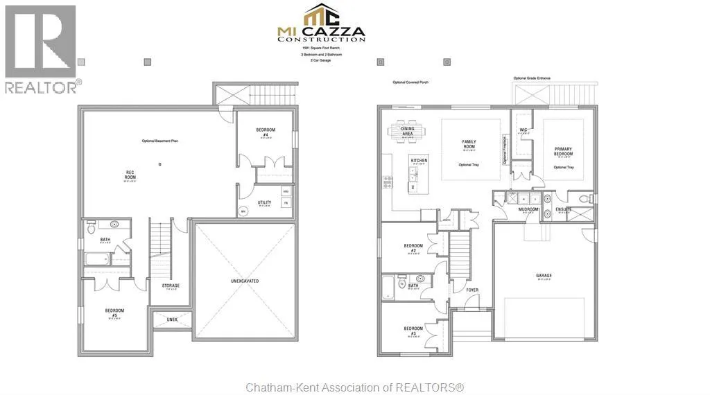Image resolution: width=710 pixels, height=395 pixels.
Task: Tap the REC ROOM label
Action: [x=130, y=174]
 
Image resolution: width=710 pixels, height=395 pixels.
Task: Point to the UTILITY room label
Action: [x=264, y=203]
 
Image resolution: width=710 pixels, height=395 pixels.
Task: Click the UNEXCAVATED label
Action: [x=244, y=281]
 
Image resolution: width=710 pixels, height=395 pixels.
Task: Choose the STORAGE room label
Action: [x=171, y=286]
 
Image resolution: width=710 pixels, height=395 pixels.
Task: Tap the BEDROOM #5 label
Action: [x=114, y=313]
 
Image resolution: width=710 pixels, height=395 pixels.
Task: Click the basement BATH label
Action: [x=105, y=240]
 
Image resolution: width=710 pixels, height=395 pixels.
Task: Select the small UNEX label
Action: [x=172, y=319]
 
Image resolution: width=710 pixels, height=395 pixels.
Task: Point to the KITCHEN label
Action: [x=419, y=161]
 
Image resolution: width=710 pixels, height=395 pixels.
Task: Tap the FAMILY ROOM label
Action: [x=469, y=144]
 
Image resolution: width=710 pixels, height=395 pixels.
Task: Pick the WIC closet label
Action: [x=523, y=130]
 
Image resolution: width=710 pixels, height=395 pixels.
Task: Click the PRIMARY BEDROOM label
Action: [x=562, y=152]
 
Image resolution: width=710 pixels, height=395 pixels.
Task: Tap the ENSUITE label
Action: [x=563, y=209]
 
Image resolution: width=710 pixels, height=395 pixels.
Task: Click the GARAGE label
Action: [x=544, y=276]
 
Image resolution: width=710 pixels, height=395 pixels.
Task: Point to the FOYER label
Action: [x=472, y=290]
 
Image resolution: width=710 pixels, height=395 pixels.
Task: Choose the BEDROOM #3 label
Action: [x=413, y=331]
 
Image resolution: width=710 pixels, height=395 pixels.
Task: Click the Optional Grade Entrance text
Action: [x=531, y=78]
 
